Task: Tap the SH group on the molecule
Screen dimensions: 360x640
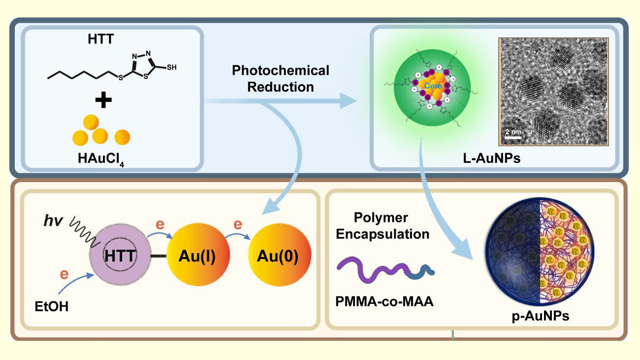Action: coord(172,67)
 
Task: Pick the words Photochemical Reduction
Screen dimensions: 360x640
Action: coord(281,79)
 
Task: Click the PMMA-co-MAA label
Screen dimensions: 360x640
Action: coord(384,301)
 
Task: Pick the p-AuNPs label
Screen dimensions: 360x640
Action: coord(540,315)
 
